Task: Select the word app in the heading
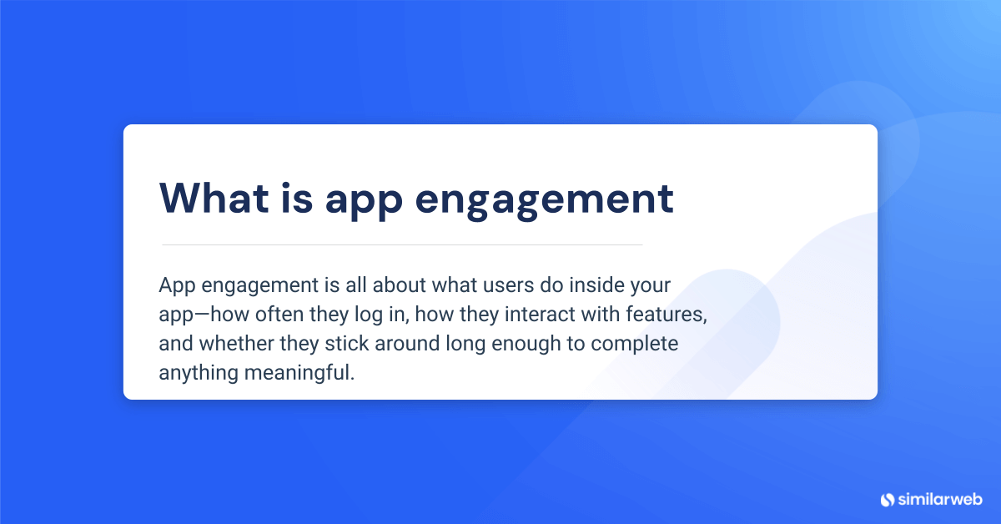362,200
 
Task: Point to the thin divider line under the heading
402,244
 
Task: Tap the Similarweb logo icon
887,499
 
